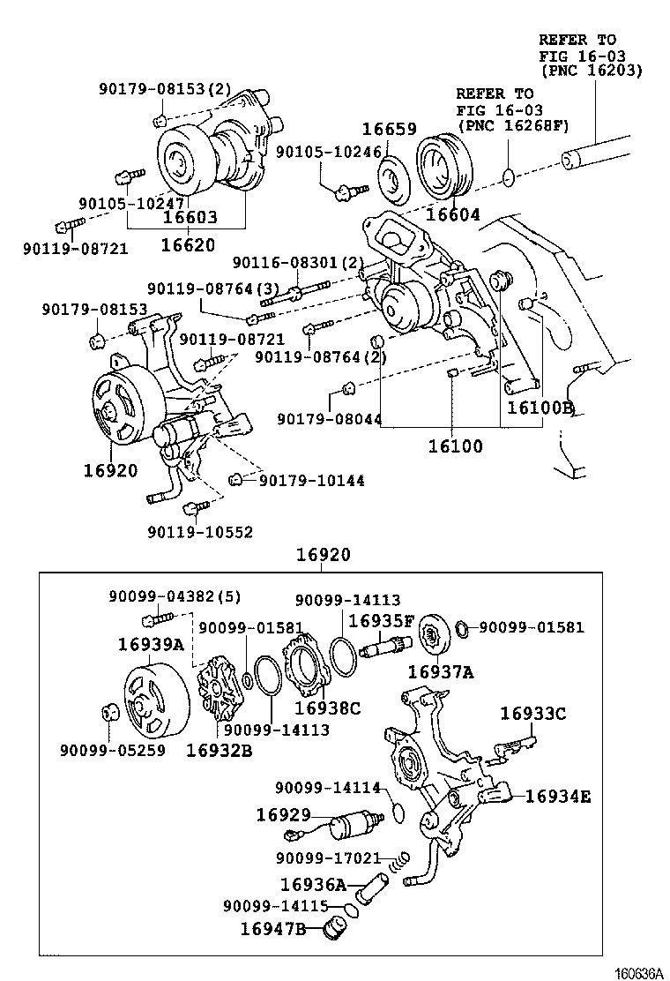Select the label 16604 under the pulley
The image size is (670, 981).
click(x=453, y=214)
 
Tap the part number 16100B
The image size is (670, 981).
click(x=539, y=408)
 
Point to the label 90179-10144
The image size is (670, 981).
click(x=312, y=481)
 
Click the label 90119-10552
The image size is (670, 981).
click(x=200, y=532)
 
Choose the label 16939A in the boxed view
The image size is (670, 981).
click(x=151, y=644)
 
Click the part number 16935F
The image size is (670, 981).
click(x=381, y=620)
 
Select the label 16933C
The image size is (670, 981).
click(x=533, y=713)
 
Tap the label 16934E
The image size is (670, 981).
click(x=558, y=797)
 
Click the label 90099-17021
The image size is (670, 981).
click(x=327, y=857)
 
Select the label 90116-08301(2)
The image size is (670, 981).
click(x=298, y=263)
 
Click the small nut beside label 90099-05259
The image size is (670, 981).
click(x=108, y=711)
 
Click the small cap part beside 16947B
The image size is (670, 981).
click(x=334, y=928)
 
